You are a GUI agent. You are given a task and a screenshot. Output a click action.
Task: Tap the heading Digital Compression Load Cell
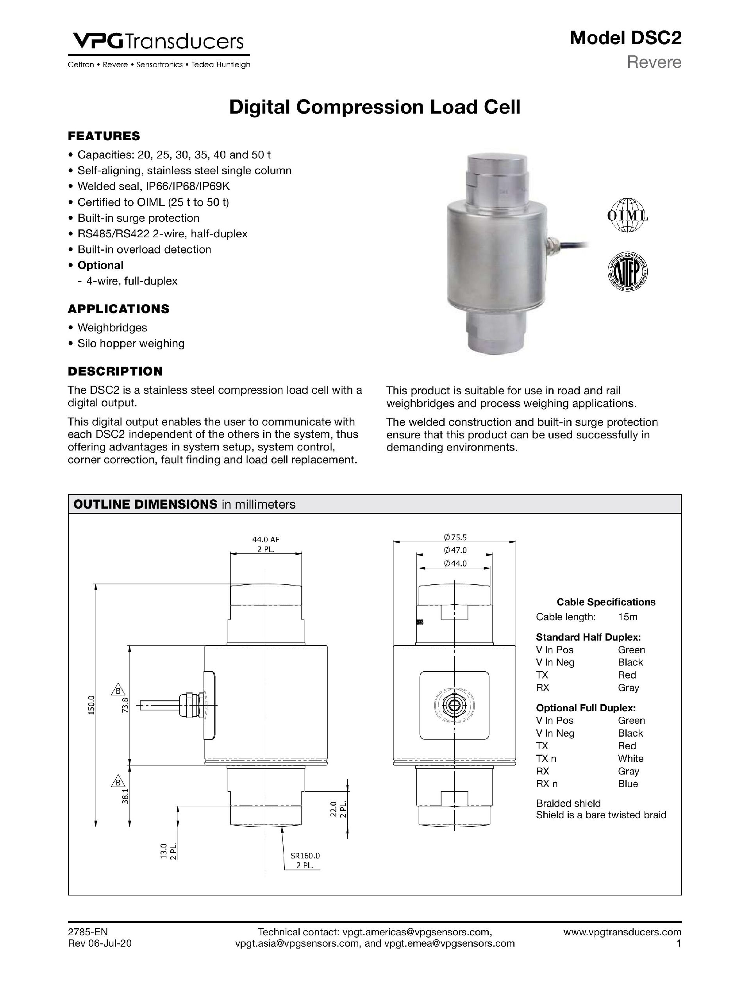(x=375, y=107)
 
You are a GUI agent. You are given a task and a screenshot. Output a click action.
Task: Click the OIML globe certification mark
(x=627, y=215)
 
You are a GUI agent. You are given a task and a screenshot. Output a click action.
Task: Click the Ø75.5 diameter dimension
(x=455, y=537)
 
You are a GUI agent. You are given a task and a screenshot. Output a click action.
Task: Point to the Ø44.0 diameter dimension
(x=455, y=563)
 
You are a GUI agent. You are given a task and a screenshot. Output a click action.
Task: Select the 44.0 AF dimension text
(x=266, y=539)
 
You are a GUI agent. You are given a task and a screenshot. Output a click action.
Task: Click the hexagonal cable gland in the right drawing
(x=455, y=705)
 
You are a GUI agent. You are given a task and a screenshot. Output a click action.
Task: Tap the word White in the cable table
(x=630, y=758)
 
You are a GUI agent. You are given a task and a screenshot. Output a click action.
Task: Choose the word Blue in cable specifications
(x=627, y=783)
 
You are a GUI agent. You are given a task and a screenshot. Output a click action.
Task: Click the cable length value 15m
(x=627, y=617)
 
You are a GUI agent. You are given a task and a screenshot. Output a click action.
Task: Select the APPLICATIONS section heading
(x=118, y=309)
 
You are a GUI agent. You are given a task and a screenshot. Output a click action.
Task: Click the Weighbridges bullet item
(x=112, y=328)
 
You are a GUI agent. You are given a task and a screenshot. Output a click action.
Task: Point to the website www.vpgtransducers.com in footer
(x=622, y=932)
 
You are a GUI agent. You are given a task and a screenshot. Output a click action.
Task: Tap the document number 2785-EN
(x=87, y=932)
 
